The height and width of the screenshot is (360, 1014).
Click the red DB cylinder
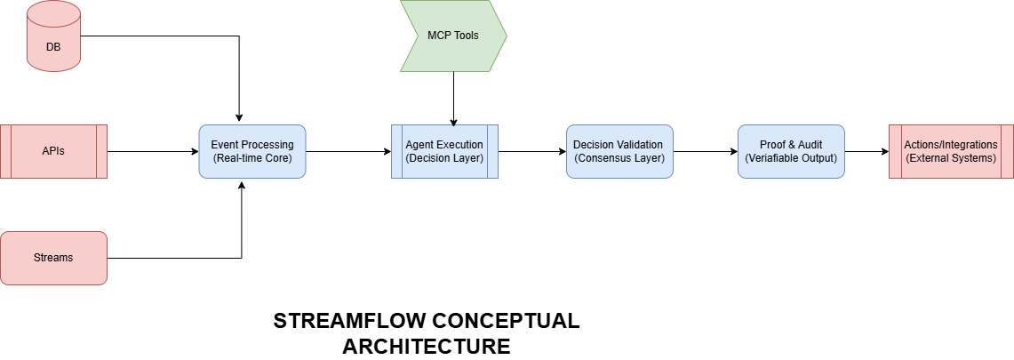pyautogui.click(x=53, y=36)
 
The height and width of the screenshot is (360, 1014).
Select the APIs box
pyautogui.click(x=53, y=151)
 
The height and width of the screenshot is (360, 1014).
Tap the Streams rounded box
pyautogui.click(x=53, y=258)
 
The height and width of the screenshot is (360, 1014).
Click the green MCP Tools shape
pyautogui.click(x=453, y=36)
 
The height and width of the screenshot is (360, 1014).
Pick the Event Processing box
pyautogui.click(x=252, y=151)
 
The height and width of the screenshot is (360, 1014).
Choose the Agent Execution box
pyautogui.click(x=445, y=151)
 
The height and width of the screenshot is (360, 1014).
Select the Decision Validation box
pyautogui.click(x=619, y=151)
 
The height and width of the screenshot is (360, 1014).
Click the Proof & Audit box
pyautogui.click(x=791, y=151)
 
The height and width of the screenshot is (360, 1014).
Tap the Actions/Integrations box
pyautogui.click(x=951, y=151)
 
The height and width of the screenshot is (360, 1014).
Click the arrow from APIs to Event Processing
pyautogui.click(x=153, y=152)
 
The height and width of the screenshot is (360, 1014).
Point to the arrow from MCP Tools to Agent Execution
pyautogui.click(x=453, y=99)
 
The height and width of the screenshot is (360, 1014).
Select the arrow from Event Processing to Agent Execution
pyautogui.click(x=348, y=152)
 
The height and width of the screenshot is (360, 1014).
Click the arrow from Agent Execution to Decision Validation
pyautogui.click(x=532, y=152)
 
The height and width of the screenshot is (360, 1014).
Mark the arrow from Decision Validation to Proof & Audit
pyautogui.click(x=706, y=152)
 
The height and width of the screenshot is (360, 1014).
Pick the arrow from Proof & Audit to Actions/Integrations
pyautogui.click(x=866, y=152)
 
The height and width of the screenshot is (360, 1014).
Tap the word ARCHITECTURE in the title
pyautogui.click(x=427, y=347)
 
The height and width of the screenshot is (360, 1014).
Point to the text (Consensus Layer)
pyautogui.click(x=619, y=157)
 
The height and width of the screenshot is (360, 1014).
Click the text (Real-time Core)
pyautogui.click(x=252, y=157)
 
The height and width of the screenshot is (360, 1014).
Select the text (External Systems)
pyautogui.click(x=951, y=157)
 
